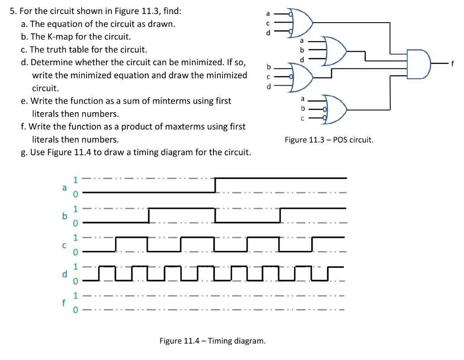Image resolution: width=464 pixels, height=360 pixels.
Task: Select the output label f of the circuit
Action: [x=451, y=63]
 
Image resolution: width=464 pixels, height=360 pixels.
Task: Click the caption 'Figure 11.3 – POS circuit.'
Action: [x=329, y=139]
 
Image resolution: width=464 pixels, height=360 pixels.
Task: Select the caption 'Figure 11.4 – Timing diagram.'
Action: [x=213, y=341]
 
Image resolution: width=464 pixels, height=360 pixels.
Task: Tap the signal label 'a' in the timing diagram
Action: [x=64, y=187]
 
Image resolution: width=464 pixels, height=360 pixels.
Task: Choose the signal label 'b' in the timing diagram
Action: [x=64, y=216]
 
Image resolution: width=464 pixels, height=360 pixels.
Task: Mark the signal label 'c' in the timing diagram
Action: [x=64, y=245]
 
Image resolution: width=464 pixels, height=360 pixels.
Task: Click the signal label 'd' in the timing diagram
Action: [x=64, y=274]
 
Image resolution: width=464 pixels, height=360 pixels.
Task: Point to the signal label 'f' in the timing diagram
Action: [x=64, y=302]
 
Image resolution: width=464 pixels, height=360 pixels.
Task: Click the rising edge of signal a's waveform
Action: [x=215, y=185]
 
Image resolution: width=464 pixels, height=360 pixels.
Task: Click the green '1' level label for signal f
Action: [x=76, y=296]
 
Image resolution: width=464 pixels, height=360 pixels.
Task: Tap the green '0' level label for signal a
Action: [x=76, y=194]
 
